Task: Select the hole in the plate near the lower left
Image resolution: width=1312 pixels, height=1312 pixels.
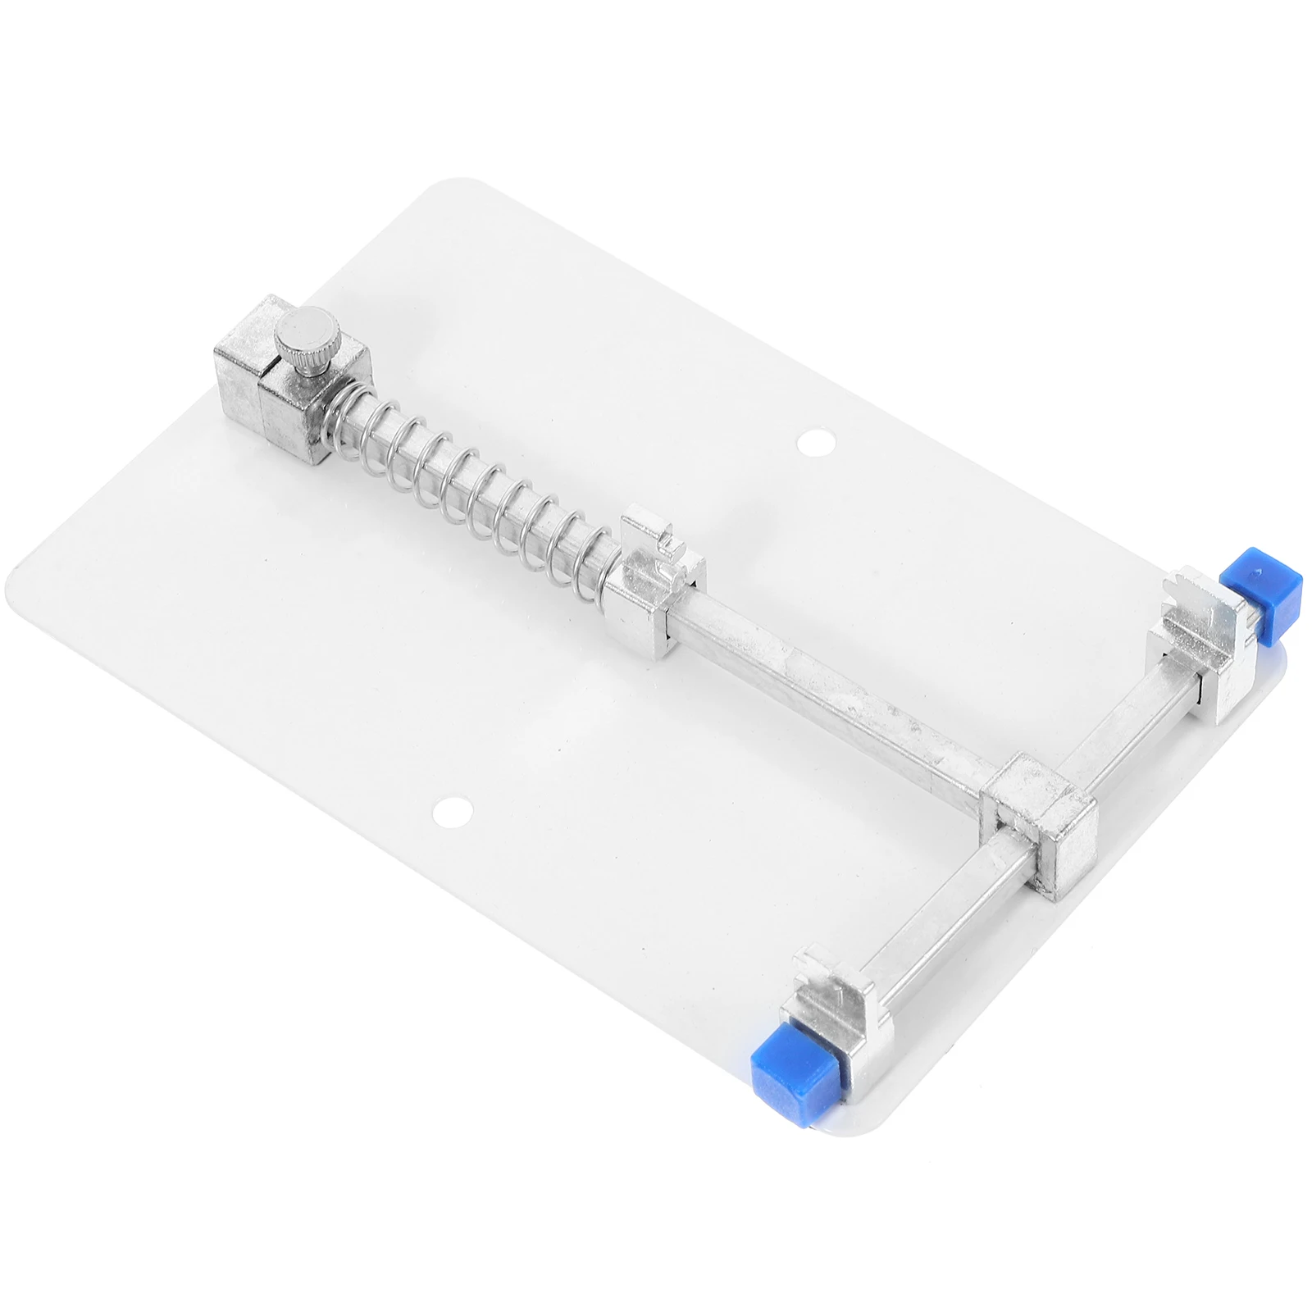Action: pyautogui.click(x=453, y=811)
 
